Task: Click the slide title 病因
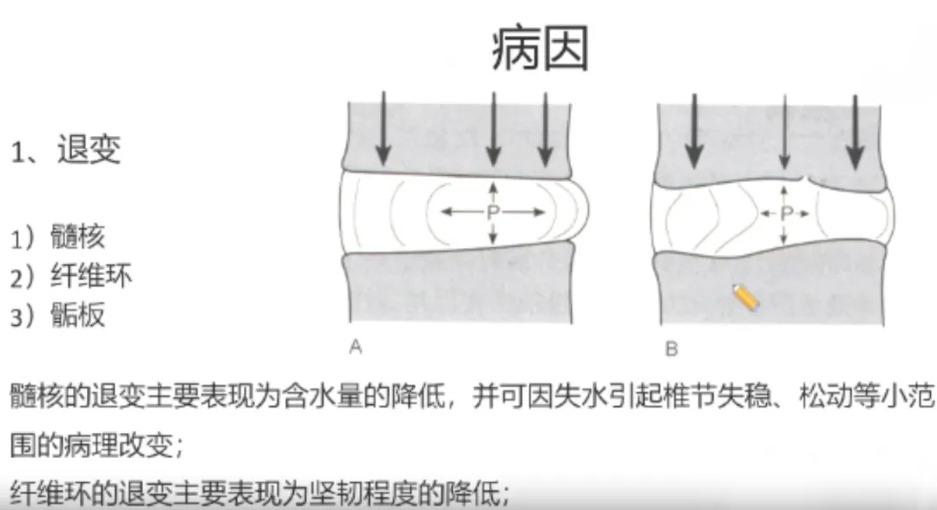click(x=541, y=49)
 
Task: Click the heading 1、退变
click(x=66, y=150)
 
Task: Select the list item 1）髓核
click(x=58, y=237)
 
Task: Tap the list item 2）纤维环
click(x=71, y=276)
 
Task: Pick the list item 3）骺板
click(x=58, y=315)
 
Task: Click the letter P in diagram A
click(x=493, y=212)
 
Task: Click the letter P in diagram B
click(x=786, y=213)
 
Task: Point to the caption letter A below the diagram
click(x=356, y=346)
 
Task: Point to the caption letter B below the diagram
click(x=672, y=348)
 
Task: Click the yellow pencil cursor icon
click(x=746, y=297)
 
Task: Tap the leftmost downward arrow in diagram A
click(x=383, y=128)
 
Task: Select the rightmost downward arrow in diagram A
click(x=545, y=129)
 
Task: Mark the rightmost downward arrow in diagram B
click(x=855, y=132)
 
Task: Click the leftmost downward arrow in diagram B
click(x=693, y=131)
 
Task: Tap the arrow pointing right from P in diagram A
click(x=523, y=212)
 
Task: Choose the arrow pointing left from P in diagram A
click(x=463, y=212)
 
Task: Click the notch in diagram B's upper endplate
click(x=806, y=180)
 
